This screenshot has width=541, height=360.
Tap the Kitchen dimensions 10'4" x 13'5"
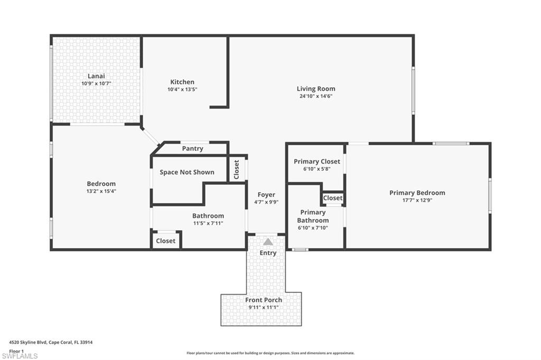coord(182,90)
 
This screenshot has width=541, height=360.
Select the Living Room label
coord(316,89)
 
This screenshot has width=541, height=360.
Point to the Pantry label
coord(192,149)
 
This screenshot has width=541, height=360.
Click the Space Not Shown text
coord(187,172)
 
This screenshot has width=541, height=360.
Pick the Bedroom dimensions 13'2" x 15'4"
coord(101,191)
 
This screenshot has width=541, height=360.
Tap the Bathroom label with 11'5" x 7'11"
coord(208,216)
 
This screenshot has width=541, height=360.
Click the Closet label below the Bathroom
coord(165,241)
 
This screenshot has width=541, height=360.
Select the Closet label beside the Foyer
coord(236,169)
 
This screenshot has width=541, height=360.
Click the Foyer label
coord(266,195)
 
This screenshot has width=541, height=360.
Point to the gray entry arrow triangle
coord(268,242)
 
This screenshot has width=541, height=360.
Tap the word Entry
coord(268,253)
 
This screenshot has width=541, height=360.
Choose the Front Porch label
coord(264,300)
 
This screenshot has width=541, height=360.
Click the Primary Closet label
coord(317,162)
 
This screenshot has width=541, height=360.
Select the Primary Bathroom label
coord(313,216)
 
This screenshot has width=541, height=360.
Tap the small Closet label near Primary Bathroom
coord(333,198)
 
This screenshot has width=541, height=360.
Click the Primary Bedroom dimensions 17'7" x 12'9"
coord(417,200)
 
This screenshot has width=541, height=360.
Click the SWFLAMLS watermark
coord(20,356)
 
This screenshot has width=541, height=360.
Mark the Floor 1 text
coord(17,350)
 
